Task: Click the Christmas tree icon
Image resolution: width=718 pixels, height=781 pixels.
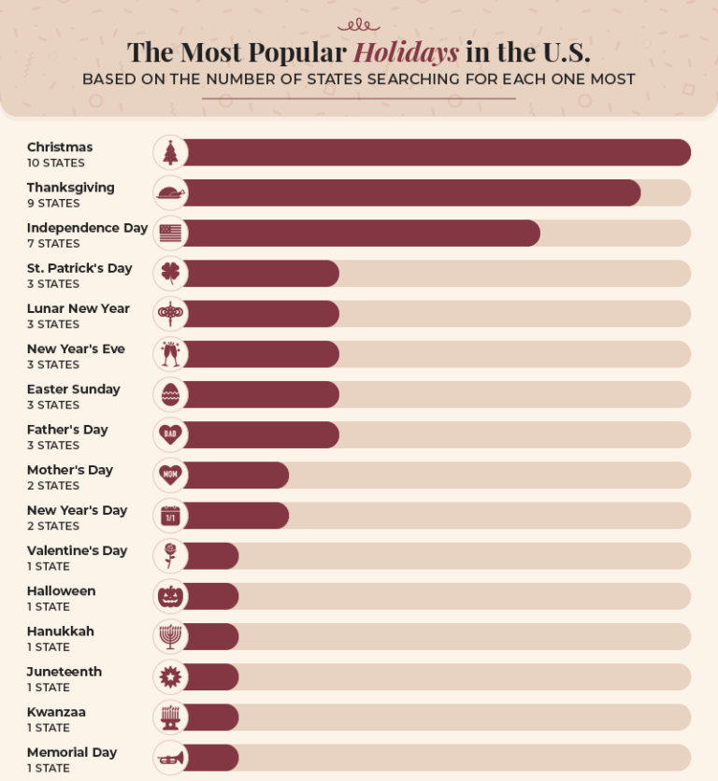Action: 170,153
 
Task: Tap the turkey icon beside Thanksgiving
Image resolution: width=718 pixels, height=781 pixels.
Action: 171,193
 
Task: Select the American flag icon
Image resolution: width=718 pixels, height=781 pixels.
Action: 170,234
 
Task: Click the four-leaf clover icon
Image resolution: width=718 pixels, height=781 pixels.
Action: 170,274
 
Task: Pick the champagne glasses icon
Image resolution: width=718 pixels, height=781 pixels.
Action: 170,354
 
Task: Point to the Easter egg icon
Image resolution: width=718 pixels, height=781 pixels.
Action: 170,394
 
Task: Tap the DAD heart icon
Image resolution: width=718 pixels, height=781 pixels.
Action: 170,434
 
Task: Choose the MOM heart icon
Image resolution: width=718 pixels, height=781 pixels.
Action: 170,475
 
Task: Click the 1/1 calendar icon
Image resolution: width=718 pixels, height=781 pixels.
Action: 170,516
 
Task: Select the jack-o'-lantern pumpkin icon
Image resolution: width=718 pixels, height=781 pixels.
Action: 170,596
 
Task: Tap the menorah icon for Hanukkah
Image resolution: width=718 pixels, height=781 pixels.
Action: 170,636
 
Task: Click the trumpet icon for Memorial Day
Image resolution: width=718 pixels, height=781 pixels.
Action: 171,758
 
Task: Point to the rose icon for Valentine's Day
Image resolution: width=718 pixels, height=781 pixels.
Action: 170,556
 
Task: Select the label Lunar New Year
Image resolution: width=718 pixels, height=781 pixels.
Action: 79,308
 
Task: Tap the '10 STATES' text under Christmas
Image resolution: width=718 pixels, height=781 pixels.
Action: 56,163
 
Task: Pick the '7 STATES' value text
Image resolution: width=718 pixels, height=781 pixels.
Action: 53,244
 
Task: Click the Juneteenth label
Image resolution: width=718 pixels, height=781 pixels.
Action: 65,672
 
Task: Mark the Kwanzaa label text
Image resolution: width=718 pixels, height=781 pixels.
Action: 56,712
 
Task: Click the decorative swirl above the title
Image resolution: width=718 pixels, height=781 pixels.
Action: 359,25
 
